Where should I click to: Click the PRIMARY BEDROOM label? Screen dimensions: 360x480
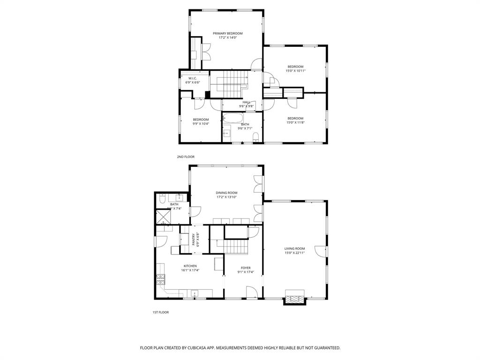228,33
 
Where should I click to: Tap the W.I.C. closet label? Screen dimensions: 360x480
192,78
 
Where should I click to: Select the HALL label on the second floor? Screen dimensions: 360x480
246,102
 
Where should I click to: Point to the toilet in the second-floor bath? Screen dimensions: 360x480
256,137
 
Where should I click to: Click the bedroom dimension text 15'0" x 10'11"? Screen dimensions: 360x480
295,71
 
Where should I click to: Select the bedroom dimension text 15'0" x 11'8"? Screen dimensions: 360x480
295,123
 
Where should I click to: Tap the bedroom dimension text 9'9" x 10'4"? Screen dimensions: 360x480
201,124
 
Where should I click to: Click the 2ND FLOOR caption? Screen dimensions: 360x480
186,157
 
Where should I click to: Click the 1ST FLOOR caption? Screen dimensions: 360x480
160,312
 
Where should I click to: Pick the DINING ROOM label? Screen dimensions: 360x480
226,193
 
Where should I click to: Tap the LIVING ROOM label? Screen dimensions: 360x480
294,248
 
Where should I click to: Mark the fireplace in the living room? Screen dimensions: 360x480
295,300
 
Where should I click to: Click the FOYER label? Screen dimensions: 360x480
246,268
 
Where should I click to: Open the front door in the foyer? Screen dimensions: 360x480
251,293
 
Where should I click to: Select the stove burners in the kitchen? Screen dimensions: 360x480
160,280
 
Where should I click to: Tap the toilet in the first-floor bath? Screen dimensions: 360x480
161,199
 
